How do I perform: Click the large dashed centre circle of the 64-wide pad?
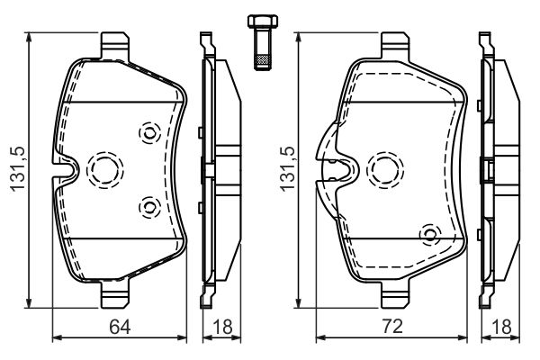coord(103,167)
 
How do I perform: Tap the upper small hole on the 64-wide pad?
coord(148,132)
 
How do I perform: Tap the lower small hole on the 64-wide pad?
coord(148,208)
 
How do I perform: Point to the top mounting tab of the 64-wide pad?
coord(115,43)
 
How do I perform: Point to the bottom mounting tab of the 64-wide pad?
coord(115,293)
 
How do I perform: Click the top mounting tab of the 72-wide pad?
coord(396,43)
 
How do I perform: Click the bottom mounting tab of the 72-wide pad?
coord(396,293)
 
